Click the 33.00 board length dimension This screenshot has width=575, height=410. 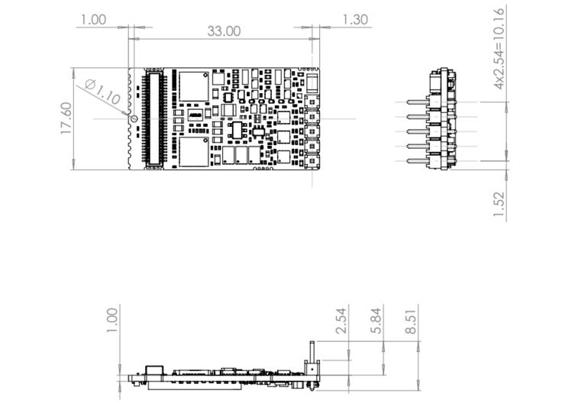pyautogui.click(x=224, y=31)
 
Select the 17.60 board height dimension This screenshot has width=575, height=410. pyautogui.click(x=66, y=119)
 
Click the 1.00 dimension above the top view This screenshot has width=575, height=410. pyautogui.click(x=93, y=19)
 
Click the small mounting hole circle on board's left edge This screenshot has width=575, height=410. pyautogui.click(x=134, y=118)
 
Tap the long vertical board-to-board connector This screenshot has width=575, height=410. pyautogui.click(x=154, y=118)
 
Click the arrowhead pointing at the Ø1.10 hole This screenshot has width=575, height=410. pyautogui.click(x=129, y=115)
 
